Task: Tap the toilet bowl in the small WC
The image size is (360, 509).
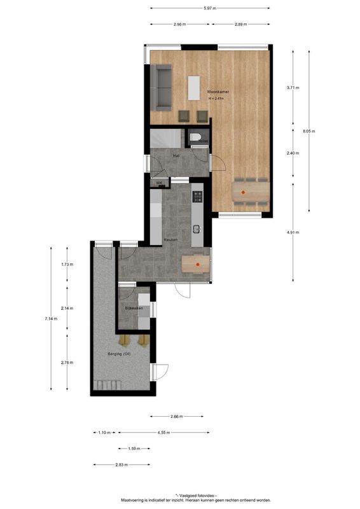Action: click(x=195, y=137)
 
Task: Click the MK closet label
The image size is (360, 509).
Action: click(x=160, y=183)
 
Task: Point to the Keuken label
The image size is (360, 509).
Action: click(x=170, y=240)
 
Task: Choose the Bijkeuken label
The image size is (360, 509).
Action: click(x=134, y=309)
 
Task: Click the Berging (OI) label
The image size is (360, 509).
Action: click(x=118, y=354)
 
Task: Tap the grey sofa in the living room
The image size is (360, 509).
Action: click(x=162, y=87)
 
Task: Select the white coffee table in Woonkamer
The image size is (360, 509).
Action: click(x=193, y=88)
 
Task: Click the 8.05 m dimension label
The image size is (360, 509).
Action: click(x=309, y=131)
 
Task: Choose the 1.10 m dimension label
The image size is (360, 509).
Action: click(x=104, y=433)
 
